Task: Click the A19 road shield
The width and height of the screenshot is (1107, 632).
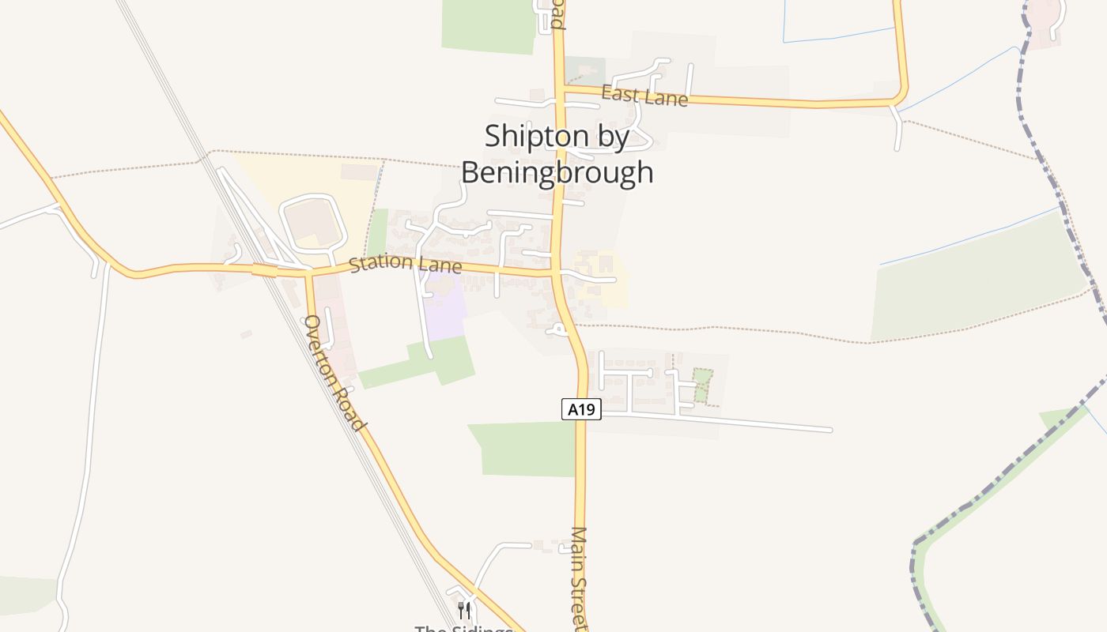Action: coord(581,409)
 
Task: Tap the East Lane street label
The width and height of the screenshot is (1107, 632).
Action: coord(644,96)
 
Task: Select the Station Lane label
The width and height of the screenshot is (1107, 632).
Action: coord(405,262)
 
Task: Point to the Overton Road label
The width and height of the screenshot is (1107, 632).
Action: coord(335,373)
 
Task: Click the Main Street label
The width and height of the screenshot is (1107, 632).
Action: coord(580,578)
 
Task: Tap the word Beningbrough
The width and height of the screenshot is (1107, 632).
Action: coord(557,171)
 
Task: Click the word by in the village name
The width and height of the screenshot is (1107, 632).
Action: coord(613,137)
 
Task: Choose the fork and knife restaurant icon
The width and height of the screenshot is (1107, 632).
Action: coord(464,610)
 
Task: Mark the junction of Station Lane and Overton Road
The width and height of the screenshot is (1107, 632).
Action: coord(309,272)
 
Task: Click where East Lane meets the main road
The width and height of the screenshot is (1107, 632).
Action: coord(560,88)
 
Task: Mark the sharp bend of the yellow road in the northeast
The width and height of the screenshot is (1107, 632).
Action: coord(901,96)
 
